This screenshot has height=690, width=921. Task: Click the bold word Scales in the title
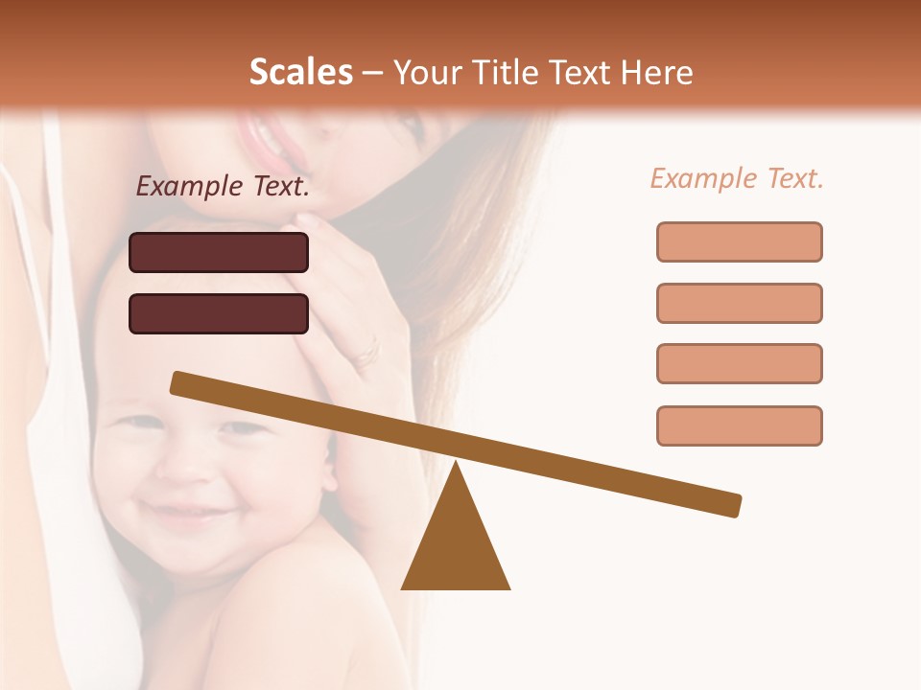tap(300, 72)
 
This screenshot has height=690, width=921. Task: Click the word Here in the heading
tap(657, 72)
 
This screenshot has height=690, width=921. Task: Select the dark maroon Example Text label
tap(223, 187)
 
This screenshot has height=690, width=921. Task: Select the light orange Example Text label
tap(737, 178)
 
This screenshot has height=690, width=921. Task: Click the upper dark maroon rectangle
tap(219, 252)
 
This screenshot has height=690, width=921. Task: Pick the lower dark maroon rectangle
tap(219, 313)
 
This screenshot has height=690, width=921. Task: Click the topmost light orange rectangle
tap(739, 241)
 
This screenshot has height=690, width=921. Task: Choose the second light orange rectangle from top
tap(739, 303)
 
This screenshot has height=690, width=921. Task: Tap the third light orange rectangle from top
tap(739, 363)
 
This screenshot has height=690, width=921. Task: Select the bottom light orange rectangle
tap(739, 425)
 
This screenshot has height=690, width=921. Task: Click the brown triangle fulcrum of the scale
tap(456, 546)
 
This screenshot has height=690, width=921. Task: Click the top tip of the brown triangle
tap(456, 466)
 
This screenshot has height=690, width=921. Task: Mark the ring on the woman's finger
tap(366, 356)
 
